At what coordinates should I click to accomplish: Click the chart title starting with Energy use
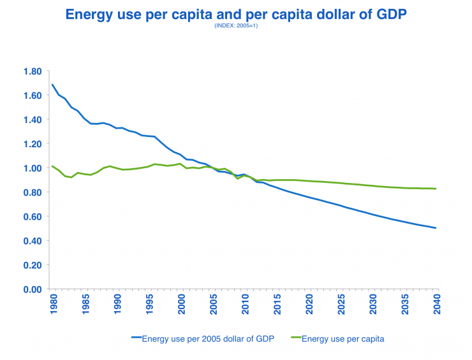point(236,13)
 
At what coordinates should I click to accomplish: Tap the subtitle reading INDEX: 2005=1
point(236,25)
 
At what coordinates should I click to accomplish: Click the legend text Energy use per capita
point(343,339)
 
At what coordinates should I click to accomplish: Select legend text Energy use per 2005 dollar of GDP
point(208,339)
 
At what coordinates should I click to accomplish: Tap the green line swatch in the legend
point(290,339)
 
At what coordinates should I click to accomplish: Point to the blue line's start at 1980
point(52,85)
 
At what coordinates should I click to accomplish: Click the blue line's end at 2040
point(436,228)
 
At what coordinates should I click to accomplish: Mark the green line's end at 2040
point(436,189)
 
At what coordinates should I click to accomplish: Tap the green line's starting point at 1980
point(52,166)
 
